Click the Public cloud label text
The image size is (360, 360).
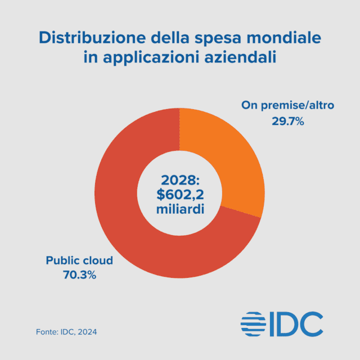point(79,261)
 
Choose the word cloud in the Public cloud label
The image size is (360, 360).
point(97,261)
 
